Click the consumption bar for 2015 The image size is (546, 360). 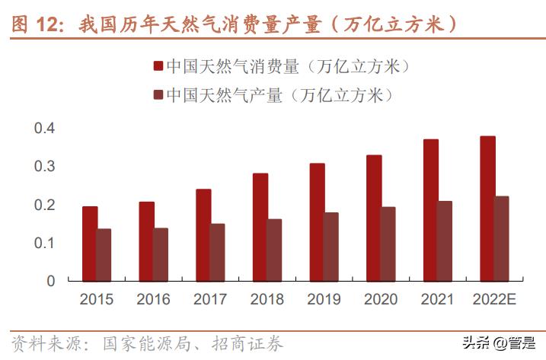coord(90,244)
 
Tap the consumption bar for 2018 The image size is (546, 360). coord(260,227)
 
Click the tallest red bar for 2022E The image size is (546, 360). coord(487,209)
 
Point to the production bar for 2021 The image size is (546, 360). coord(445,241)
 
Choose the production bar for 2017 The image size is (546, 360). coord(217,252)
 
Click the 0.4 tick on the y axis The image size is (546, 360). coord(45,128)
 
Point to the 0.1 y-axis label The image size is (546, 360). coord(45,243)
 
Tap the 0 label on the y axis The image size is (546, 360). coord(51,281)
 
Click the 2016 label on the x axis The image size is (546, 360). coord(153,300)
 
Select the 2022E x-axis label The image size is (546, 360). coord(494,300)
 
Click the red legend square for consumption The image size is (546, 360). coord(158,67)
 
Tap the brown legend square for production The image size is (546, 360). coord(158,95)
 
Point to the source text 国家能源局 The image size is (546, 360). coord(136,344)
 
